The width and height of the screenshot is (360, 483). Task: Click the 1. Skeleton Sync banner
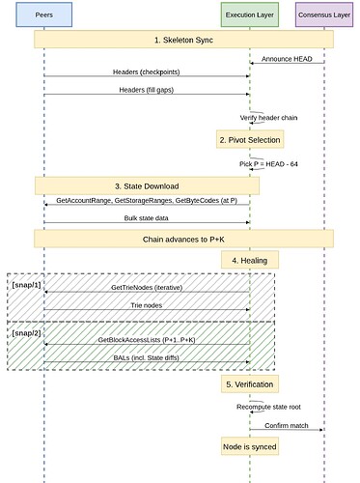183,40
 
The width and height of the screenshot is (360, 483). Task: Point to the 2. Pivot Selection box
250,140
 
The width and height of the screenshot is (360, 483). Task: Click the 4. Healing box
250,260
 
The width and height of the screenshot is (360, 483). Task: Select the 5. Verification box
250,384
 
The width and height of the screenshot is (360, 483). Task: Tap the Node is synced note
250,446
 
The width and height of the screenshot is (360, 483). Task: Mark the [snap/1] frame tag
26,287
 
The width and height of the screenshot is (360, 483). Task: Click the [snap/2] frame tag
26,332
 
